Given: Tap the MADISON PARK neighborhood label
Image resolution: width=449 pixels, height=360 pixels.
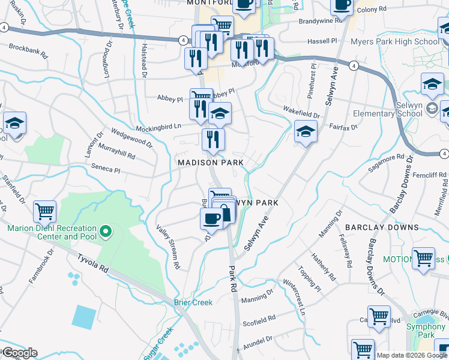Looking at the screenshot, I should [210, 163].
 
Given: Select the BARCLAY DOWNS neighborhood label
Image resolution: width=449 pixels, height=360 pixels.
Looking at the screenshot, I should [381, 227].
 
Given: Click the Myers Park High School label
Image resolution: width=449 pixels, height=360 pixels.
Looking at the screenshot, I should [402, 41].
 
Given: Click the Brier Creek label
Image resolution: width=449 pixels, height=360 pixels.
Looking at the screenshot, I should [193, 302].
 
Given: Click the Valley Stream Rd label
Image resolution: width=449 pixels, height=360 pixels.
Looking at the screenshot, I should [169, 246].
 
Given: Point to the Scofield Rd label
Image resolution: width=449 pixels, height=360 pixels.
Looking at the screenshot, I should [259, 322].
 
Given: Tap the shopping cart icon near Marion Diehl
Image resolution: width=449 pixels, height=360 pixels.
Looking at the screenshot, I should [45, 211].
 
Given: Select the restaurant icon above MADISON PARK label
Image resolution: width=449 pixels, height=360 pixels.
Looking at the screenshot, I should [213, 140].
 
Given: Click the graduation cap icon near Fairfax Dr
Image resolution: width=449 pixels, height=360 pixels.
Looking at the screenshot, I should [306, 131].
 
